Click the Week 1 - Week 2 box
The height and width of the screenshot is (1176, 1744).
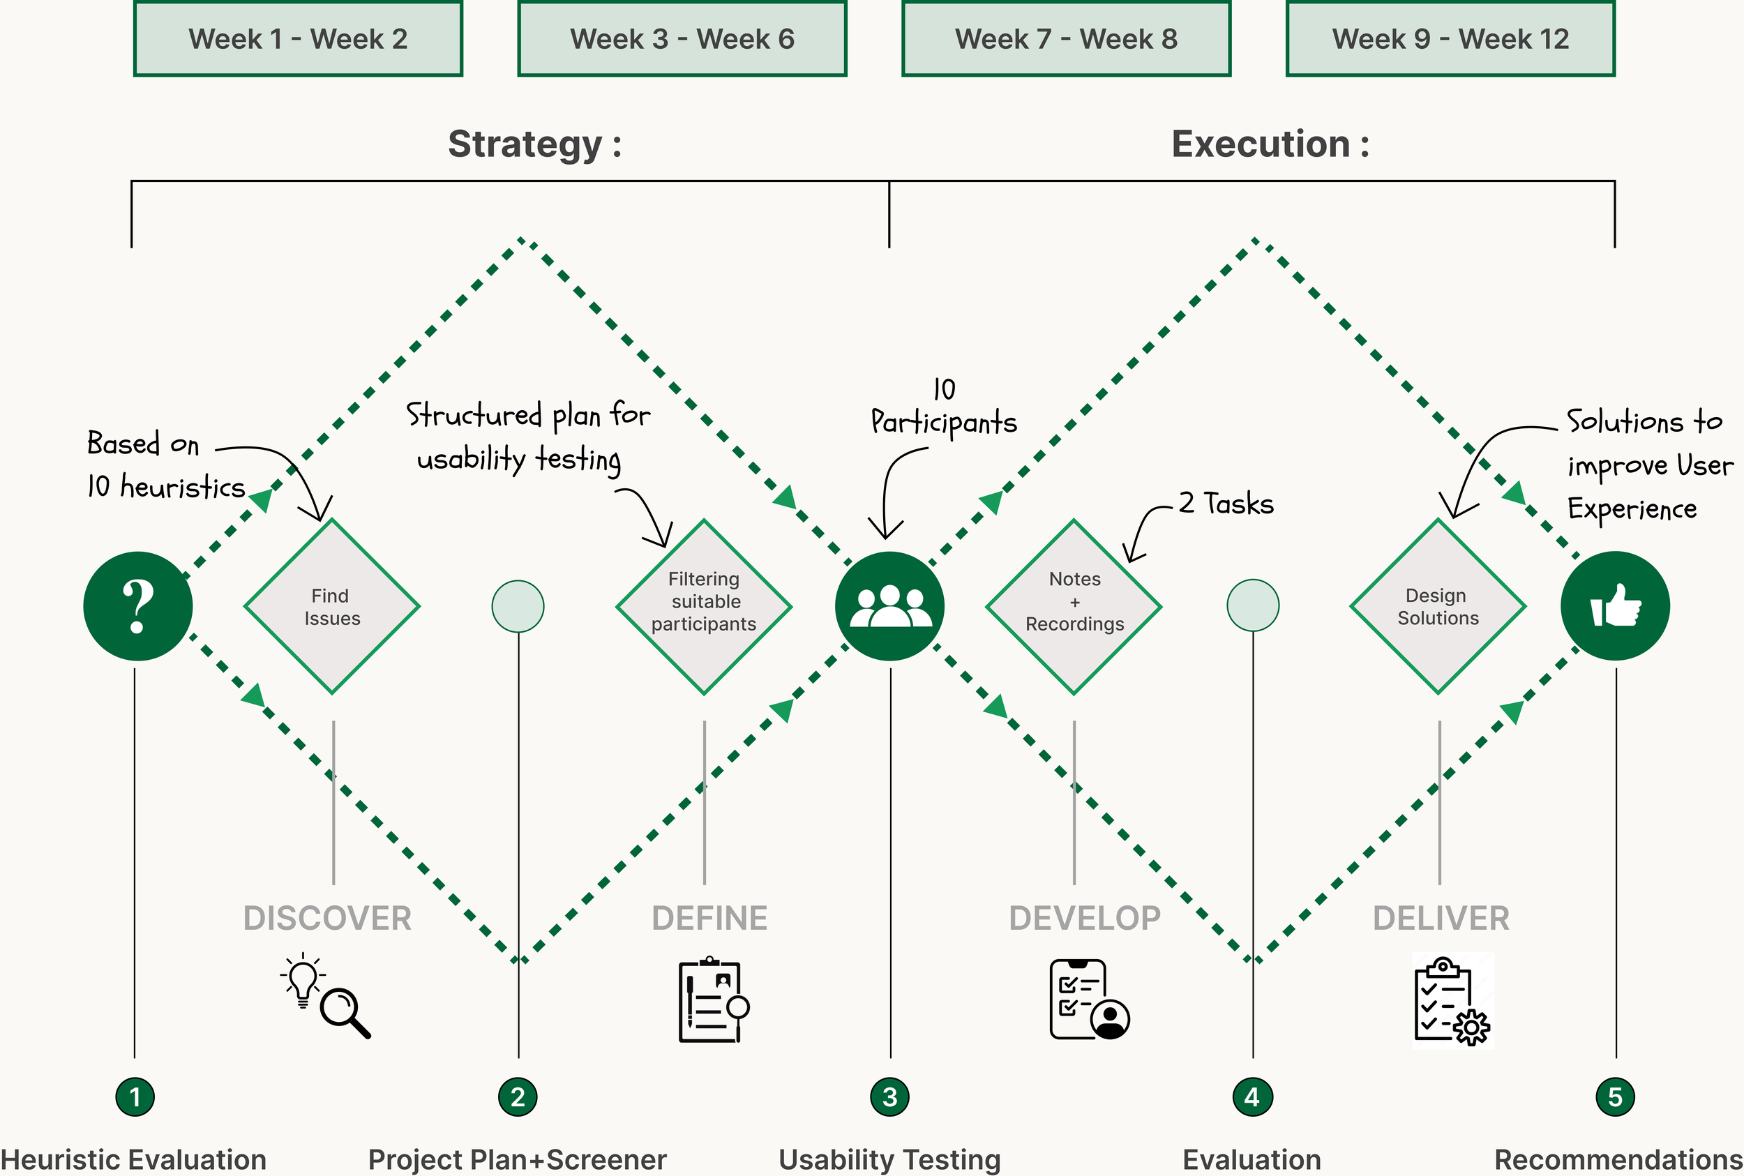coord(298,38)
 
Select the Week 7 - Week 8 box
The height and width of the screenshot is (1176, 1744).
coord(1066,38)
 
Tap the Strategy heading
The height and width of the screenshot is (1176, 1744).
coord(534,144)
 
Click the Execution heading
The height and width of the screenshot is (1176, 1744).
coord(1270,144)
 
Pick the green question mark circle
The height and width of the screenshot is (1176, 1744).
coord(138,606)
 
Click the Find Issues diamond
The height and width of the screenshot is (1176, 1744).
coord(331,607)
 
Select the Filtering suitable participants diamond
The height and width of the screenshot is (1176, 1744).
coord(704,607)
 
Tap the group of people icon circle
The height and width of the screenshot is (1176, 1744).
coord(889,606)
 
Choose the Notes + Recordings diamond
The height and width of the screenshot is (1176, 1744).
coord(1074,607)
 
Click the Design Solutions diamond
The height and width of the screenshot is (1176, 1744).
coord(1438,607)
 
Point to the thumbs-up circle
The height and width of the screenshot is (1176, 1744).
coord(1615,606)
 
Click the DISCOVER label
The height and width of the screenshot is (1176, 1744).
coord(327,919)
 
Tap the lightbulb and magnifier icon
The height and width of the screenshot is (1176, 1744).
coord(326,996)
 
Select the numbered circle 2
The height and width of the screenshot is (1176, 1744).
coord(518,1097)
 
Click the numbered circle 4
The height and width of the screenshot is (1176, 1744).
coord(1252,1097)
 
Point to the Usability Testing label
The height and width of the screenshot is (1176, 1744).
coord(889,1159)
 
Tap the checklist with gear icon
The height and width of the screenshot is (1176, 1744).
coord(1452,1000)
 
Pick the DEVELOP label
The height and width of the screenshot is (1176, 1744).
coord(1085,919)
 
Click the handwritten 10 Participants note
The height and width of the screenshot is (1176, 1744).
coord(944,409)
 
